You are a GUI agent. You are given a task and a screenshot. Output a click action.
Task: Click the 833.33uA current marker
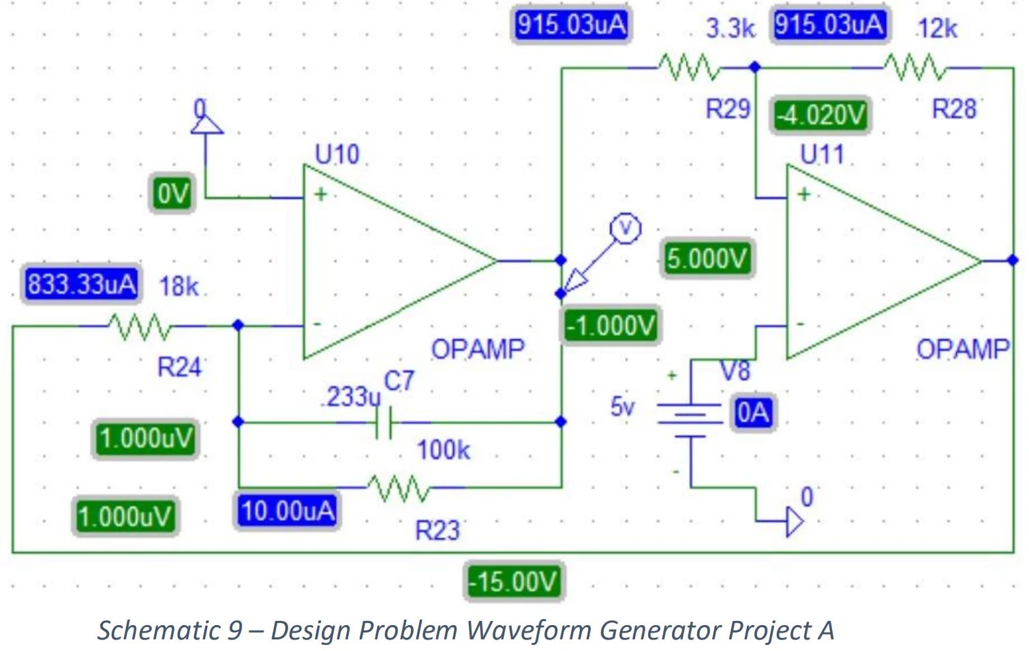pos(81,284)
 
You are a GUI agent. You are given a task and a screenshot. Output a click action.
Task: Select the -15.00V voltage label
pos(514,582)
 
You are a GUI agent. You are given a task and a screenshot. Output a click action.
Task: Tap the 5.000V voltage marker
pos(707,259)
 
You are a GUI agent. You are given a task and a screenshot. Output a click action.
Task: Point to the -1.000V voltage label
pos(611,326)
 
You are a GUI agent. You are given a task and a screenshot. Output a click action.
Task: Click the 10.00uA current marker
pos(288,511)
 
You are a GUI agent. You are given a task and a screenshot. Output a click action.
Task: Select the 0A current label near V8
pos(752,413)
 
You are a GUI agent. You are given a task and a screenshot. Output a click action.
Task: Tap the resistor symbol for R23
pos(399,487)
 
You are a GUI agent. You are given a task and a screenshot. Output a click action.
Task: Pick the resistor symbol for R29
pos(689,67)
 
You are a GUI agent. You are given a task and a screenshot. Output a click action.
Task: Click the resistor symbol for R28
pos(915,67)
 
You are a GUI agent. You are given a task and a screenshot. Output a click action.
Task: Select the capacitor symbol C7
pos(385,423)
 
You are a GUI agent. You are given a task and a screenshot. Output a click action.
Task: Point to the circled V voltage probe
pos(625,228)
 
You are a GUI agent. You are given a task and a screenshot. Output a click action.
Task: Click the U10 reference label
pos(337,155)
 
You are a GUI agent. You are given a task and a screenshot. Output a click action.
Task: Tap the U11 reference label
pos(821,155)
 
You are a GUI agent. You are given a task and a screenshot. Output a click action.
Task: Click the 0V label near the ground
pos(172,194)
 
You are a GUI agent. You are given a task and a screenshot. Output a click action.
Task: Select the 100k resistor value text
pos(443,451)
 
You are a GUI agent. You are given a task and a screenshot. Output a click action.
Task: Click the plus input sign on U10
pos(320,194)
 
